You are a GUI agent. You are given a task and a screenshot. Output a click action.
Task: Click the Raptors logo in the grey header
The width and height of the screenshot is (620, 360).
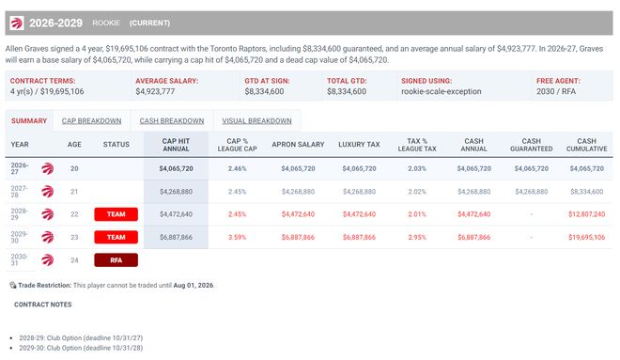tap(17, 23)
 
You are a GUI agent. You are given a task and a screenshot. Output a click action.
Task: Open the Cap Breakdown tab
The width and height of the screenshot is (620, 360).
tap(91, 121)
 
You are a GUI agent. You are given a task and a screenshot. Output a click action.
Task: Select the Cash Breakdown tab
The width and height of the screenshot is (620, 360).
tap(172, 121)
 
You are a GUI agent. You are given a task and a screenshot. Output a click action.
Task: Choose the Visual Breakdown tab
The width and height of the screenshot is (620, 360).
tap(256, 121)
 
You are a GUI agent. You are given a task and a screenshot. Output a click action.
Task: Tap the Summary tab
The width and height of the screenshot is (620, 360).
tap(29, 121)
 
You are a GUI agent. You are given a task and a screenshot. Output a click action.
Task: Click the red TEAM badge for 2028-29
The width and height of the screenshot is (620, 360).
tap(116, 214)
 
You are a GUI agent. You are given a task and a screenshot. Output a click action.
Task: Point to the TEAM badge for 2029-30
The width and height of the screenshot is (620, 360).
tap(116, 237)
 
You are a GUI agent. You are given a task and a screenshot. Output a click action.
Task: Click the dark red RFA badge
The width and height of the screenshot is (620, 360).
tap(116, 260)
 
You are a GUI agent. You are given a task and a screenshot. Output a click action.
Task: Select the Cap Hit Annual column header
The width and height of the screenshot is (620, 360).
tap(176, 145)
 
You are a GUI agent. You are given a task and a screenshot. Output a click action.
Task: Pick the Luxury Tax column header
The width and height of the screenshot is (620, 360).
tap(359, 145)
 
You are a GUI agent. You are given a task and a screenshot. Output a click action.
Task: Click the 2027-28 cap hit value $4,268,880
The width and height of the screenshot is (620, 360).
tap(176, 192)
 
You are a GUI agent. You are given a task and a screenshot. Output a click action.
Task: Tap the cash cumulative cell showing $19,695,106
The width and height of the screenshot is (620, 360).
tap(587, 237)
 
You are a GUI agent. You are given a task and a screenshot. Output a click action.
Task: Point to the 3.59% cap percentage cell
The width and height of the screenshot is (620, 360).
tap(238, 237)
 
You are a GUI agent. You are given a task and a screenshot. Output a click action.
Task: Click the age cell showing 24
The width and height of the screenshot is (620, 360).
tap(74, 260)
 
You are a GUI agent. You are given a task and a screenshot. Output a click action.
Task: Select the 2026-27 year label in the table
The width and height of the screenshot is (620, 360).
tap(20, 168)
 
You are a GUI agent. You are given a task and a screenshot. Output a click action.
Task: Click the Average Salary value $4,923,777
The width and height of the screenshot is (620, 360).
tap(155, 91)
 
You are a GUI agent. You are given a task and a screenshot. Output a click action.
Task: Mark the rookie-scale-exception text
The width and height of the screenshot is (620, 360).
tap(442, 91)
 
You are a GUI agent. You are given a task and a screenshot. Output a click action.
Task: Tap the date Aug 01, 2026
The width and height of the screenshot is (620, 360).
tap(193, 285)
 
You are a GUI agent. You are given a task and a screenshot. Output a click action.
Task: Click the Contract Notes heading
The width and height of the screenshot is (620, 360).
tap(42, 305)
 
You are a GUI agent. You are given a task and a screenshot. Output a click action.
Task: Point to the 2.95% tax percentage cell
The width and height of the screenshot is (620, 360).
tap(417, 237)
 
